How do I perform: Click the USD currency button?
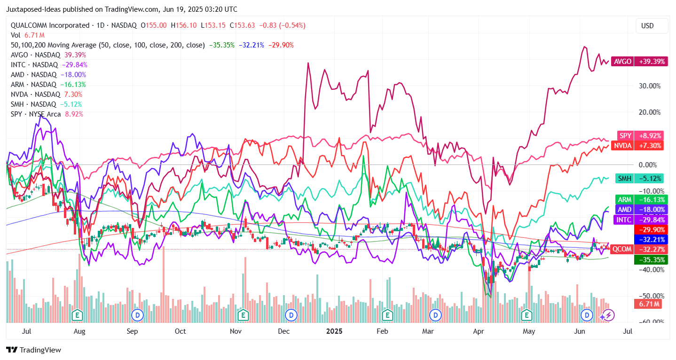647,26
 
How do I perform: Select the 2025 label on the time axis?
334,331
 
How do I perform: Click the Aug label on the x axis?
79,331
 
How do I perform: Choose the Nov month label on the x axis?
236,331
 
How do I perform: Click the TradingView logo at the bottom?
34,350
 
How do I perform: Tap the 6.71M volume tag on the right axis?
648,304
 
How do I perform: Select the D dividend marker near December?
291,314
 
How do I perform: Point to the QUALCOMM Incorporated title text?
50,25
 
